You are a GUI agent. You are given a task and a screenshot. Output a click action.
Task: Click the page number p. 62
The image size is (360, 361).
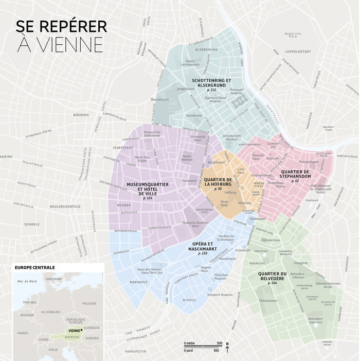point(295,181)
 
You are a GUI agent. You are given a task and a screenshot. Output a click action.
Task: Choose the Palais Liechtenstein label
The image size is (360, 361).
point(189,63)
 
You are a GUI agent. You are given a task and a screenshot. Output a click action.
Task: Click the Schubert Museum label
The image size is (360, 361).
point(220,295)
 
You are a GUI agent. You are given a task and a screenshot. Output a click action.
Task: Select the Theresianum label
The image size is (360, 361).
point(268,301)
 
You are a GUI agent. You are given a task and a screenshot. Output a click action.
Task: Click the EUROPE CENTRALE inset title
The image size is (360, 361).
point(35,268)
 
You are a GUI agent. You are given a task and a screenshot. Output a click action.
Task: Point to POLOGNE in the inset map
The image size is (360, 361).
point(89,303)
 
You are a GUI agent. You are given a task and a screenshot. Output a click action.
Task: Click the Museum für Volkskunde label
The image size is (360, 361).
point(152,134)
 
